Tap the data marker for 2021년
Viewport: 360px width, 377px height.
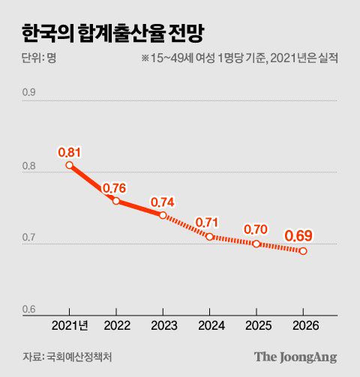click(x=69, y=166)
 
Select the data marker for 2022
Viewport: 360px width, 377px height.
click(x=116, y=201)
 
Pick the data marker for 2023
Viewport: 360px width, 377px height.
click(x=163, y=215)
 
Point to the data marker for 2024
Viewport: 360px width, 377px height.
click(x=210, y=236)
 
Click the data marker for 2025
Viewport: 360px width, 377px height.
click(x=256, y=244)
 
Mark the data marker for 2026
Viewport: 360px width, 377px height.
click(x=303, y=251)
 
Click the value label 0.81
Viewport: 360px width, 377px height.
click(x=69, y=152)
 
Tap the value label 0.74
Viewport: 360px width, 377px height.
click(x=162, y=202)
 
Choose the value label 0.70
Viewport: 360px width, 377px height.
click(x=256, y=229)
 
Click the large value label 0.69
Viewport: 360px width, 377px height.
click(x=299, y=236)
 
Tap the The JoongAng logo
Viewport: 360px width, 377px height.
click(x=295, y=356)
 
